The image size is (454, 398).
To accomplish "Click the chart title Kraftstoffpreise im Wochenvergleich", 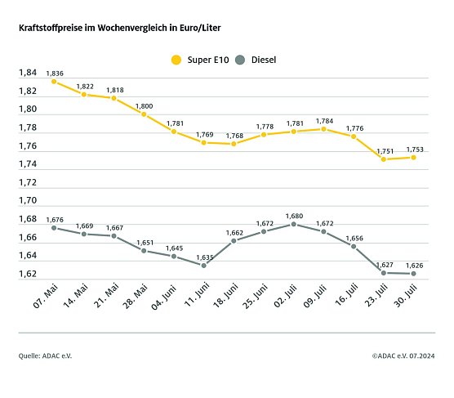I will tap(119, 28).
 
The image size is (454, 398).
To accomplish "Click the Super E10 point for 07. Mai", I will tap(54, 81).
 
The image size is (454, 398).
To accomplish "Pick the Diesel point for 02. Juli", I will tap(294, 224).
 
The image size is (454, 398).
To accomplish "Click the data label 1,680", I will tap(294, 216).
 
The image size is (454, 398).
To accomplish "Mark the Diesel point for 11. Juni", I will tap(203, 265).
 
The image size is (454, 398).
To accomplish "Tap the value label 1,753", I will tap(415, 149).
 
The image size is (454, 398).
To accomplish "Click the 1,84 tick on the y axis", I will tap(27, 73).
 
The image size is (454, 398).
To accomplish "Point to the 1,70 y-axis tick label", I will tap(27, 200).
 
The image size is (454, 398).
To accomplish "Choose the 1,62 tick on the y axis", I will tap(27, 274).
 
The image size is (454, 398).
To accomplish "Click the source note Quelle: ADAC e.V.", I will tap(51, 356).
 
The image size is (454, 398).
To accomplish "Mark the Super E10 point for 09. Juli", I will tap(324, 129).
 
